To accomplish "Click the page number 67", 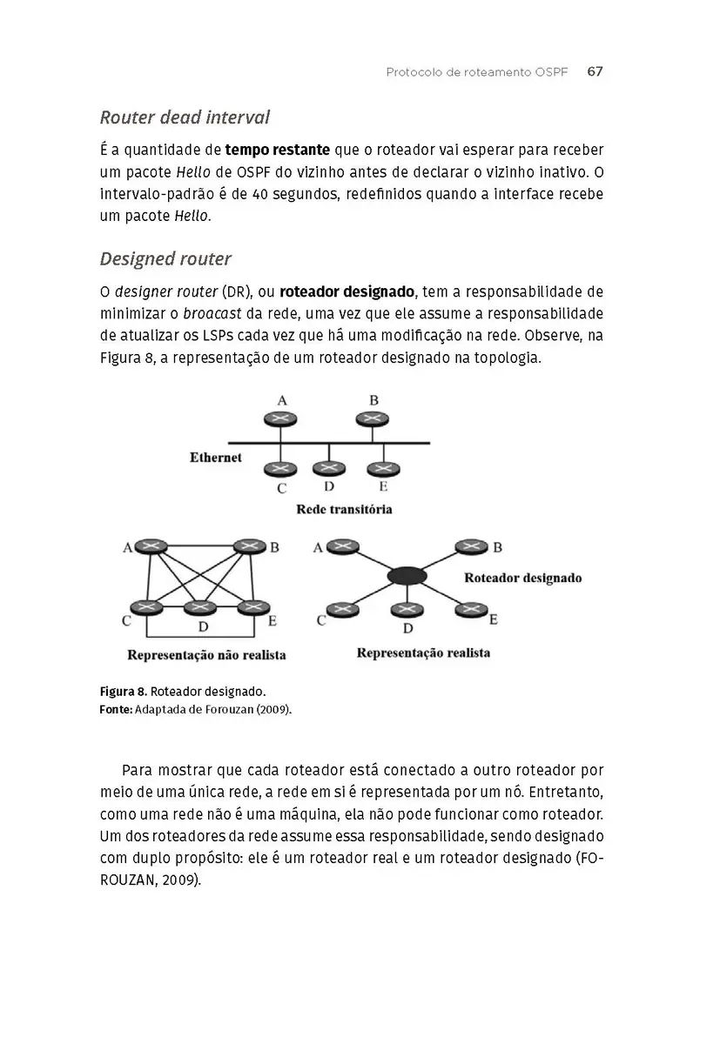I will (x=595, y=72).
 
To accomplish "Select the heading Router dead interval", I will (x=185, y=117).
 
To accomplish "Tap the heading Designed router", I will (x=165, y=258).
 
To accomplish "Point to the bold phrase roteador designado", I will (x=347, y=291).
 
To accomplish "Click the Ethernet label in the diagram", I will (x=215, y=457).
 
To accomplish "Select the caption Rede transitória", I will (x=344, y=509).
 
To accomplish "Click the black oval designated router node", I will (x=407, y=575).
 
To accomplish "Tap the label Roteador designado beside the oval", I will (x=522, y=577).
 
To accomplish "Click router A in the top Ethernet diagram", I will (x=280, y=418).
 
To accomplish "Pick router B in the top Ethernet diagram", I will (x=373, y=418).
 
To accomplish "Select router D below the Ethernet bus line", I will (x=328, y=467).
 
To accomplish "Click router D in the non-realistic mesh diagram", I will (x=202, y=606).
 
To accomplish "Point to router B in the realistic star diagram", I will (x=472, y=547).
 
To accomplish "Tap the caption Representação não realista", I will (x=206, y=654).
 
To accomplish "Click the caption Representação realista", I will (x=423, y=652).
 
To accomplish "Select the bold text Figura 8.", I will (x=123, y=693).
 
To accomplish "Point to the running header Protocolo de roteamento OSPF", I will (x=476, y=72).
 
